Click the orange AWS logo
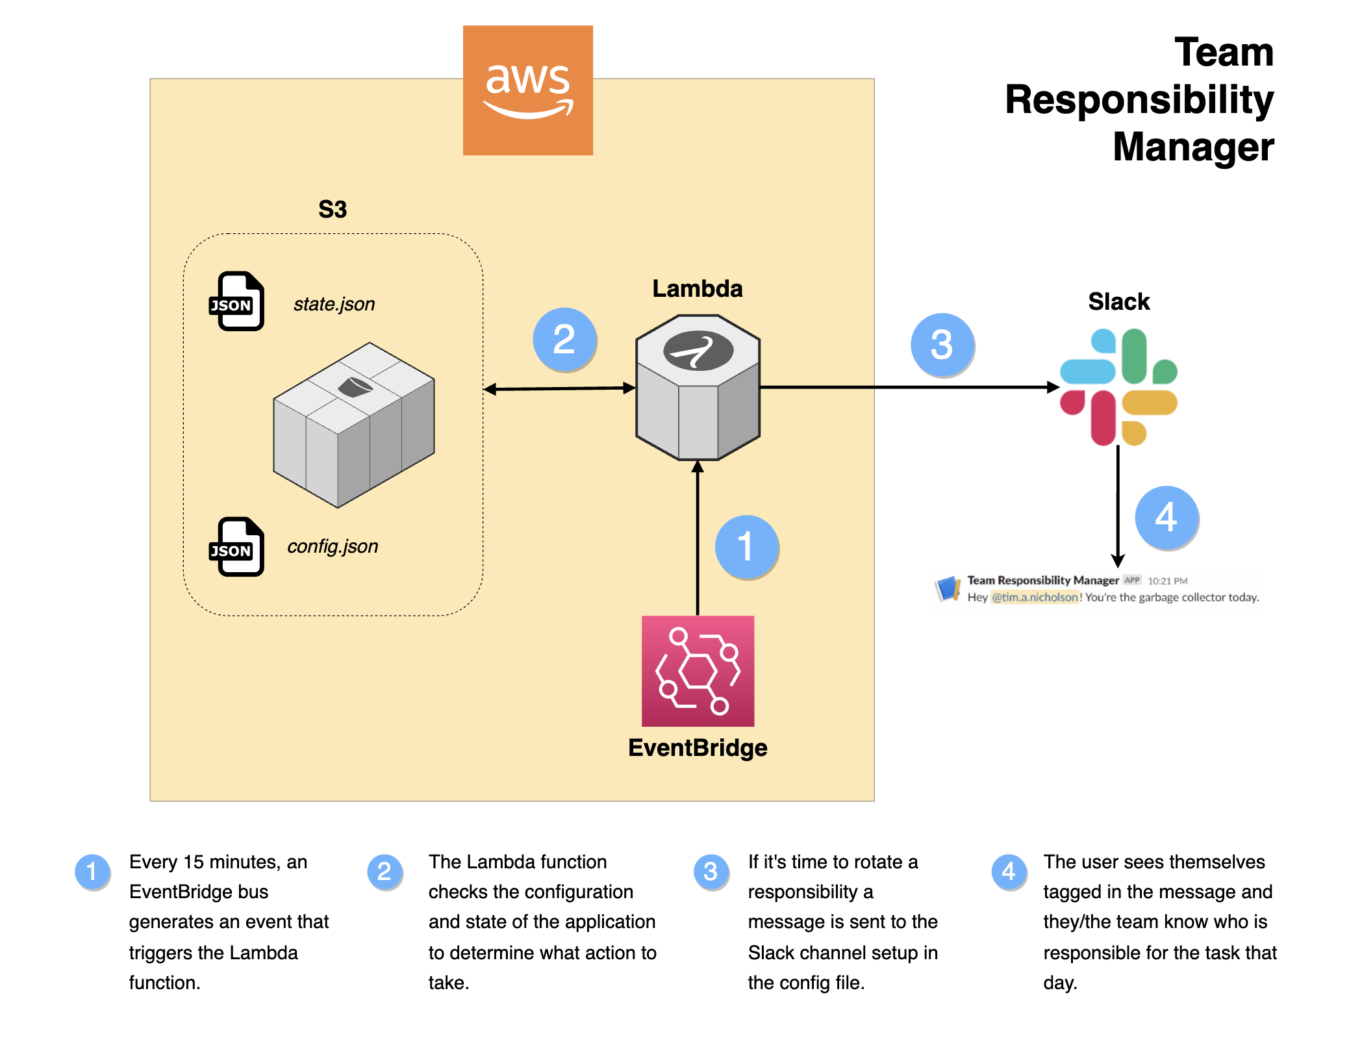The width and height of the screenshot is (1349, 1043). coord(527,90)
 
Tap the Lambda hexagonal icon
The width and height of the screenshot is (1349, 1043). coord(698,388)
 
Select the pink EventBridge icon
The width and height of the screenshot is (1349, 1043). coord(698,671)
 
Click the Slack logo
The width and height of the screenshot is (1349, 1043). coord(1118,387)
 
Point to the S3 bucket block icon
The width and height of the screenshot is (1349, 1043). coord(354,425)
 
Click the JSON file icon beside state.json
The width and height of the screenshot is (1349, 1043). coord(237,301)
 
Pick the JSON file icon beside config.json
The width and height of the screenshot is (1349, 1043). coord(237,547)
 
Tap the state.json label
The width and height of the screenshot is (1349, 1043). coord(334,304)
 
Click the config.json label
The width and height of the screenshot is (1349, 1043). coord(333,546)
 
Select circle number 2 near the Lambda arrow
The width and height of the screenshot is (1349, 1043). coord(564,339)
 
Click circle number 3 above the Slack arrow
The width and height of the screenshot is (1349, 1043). coord(941,344)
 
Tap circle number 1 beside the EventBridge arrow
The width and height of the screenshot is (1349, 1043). coord(746,546)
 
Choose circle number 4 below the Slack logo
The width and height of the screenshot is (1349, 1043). coord(1166,517)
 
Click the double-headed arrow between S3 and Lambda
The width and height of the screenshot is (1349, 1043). coord(559,388)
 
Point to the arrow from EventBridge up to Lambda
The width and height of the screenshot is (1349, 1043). coord(698,539)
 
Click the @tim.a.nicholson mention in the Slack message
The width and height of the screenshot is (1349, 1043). coord(1035,597)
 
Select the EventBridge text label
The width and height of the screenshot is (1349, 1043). coord(698,748)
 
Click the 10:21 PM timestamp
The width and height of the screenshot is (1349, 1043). coord(1167,581)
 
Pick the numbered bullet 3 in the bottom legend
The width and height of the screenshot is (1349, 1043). coord(711,871)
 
